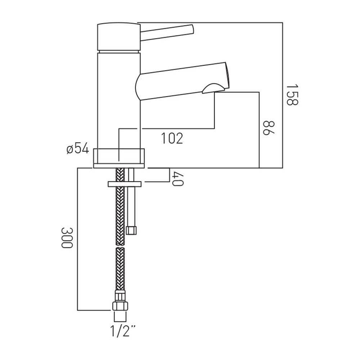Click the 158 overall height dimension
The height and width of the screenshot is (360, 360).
click(x=292, y=94)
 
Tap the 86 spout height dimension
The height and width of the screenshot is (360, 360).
click(x=269, y=128)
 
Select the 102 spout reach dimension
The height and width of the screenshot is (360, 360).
click(x=172, y=138)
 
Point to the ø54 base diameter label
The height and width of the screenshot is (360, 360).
click(x=78, y=149)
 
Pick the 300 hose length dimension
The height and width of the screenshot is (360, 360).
click(x=67, y=237)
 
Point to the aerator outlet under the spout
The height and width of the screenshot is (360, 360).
click(x=213, y=89)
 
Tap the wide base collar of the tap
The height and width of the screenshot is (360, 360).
click(x=119, y=158)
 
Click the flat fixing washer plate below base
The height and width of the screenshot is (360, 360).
click(x=125, y=184)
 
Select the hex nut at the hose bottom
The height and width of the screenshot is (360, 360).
click(x=120, y=306)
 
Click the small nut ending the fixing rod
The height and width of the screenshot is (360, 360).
click(x=131, y=230)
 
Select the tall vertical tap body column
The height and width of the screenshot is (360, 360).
click(x=119, y=101)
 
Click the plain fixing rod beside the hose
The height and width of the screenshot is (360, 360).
click(x=131, y=197)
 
